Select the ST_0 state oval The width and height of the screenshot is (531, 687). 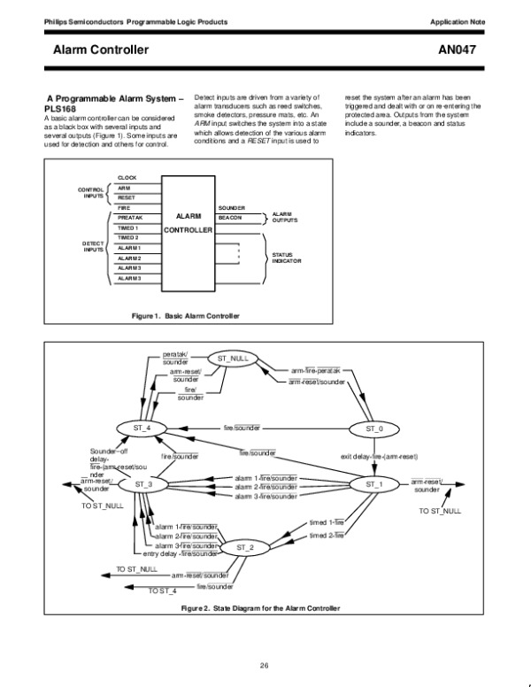[x=374, y=428]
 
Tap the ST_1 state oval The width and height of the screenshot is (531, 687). [x=374, y=484]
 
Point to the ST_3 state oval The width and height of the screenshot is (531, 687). [x=143, y=484]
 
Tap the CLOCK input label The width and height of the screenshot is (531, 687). [x=127, y=178]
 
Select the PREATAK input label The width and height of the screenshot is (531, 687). [x=131, y=217]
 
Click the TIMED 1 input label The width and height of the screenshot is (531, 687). [x=129, y=228]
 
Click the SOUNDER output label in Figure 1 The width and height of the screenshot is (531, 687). [x=232, y=206]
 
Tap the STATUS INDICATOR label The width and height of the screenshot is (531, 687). [x=287, y=258]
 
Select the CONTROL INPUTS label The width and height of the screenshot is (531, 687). [x=91, y=193]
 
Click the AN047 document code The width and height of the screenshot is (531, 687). [x=458, y=50]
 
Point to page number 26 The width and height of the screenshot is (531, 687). [x=264, y=666]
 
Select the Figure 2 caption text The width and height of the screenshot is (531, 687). [x=259, y=608]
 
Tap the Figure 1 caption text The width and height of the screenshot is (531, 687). [x=185, y=314]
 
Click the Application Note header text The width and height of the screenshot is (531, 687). [x=455, y=20]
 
